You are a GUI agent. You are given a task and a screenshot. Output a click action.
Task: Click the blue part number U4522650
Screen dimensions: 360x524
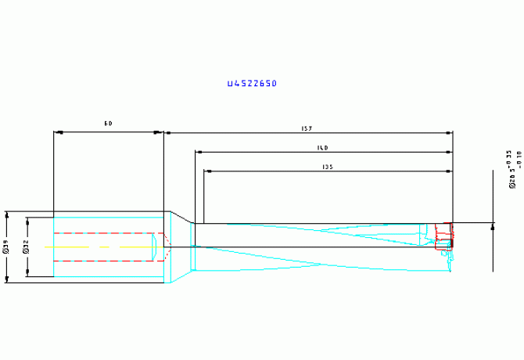[252, 83]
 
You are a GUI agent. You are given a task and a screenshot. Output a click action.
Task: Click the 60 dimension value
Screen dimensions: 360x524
[109, 124]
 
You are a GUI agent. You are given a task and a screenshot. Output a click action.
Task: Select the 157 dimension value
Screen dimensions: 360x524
[307, 128]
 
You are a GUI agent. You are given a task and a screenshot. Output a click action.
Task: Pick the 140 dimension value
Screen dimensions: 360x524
[322, 147]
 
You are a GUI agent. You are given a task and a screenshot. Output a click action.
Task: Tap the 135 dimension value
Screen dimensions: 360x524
[328, 167]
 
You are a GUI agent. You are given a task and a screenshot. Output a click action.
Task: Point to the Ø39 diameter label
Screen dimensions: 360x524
[6, 247]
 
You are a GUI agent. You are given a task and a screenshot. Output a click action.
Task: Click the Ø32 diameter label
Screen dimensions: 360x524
[27, 247]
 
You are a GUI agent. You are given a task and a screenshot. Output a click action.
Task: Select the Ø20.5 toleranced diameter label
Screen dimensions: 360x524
[513, 170]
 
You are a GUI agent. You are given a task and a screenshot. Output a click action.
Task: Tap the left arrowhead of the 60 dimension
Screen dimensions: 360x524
[56, 133]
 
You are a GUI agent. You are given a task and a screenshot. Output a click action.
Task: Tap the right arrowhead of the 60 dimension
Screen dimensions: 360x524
[161, 133]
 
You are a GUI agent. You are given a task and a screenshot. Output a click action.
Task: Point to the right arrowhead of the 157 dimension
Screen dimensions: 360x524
[450, 133]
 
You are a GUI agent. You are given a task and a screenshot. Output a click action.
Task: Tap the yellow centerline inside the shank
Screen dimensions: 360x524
[102, 247]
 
